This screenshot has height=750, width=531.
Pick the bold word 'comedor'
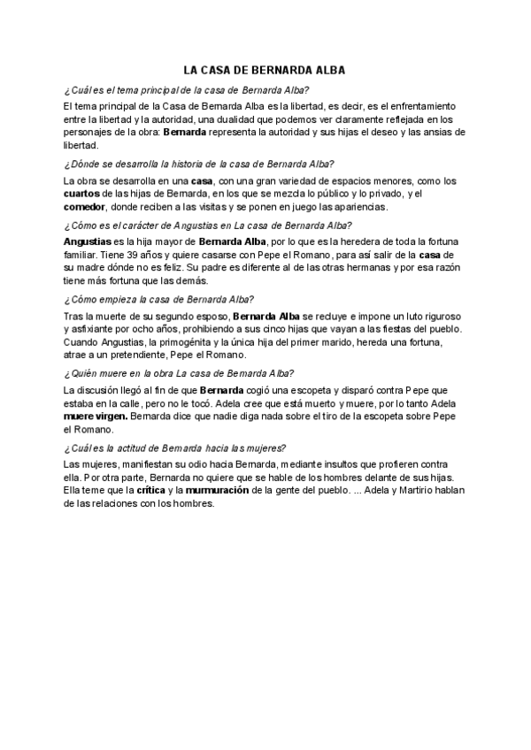pos(85,207)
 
